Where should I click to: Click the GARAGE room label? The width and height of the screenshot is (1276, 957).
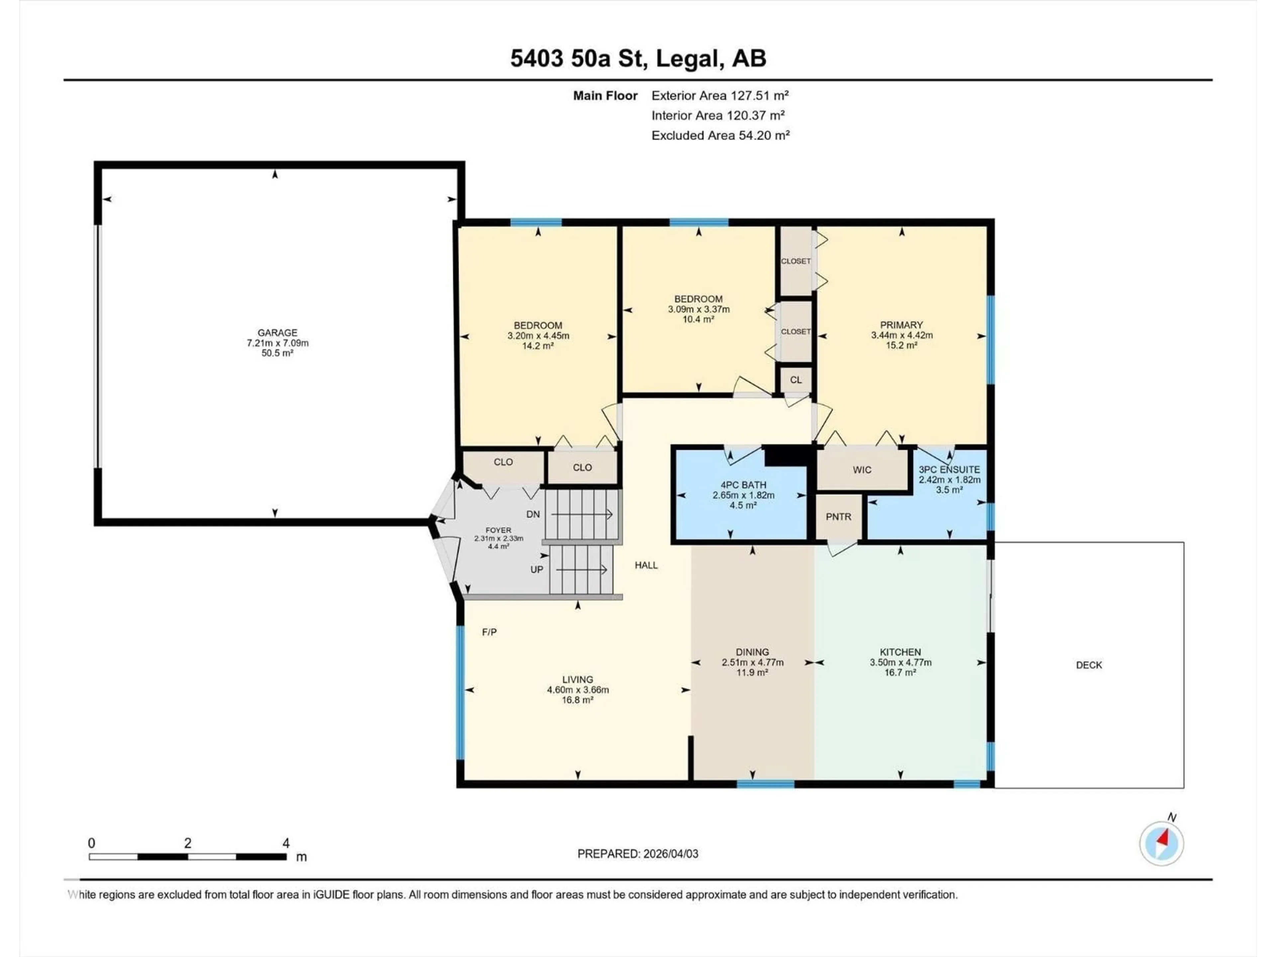pyautogui.click(x=277, y=333)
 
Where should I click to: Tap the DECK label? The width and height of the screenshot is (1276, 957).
pyautogui.click(x=1089, y=665)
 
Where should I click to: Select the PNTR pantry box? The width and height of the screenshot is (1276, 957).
pyautogui.click(x=838, y=517)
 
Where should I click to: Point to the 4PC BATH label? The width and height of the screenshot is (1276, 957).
pyautogui.click(x=743, y=485)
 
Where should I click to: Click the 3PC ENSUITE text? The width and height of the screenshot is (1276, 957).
pyautogui.click(x=949, y=470)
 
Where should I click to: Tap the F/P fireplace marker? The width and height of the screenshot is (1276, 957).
pyautogui.click(x=489, y=632)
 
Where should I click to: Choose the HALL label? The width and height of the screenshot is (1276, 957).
pyautogui.click(x=646, y=565)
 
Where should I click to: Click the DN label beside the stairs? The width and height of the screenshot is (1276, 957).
pyautogui.click(x=533, y=514)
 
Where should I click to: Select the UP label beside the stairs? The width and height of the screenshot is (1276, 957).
pyautogui.click(x=536, y=569)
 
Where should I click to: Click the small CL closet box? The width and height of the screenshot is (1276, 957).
pyautogui.click(x=796, y=379)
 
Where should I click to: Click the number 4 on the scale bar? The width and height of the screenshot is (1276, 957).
pyautogui.click(x=285, y=843)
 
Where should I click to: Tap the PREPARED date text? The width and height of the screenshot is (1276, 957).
pyautogui.click(x=637, y=854)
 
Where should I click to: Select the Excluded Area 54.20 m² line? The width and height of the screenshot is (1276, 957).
pyautogui.click(x=720, y=136)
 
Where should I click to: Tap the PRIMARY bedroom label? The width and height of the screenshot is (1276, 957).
pyautogui.click(x=901, y=325)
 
